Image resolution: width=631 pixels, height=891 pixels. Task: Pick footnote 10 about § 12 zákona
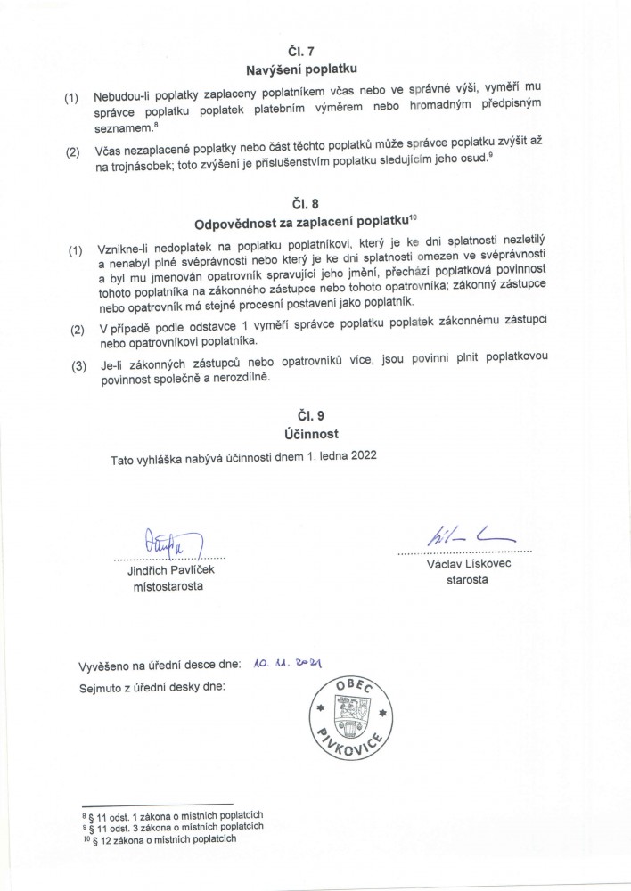coord(166,838)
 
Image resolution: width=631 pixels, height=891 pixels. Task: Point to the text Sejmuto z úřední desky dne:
coord(154,686)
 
